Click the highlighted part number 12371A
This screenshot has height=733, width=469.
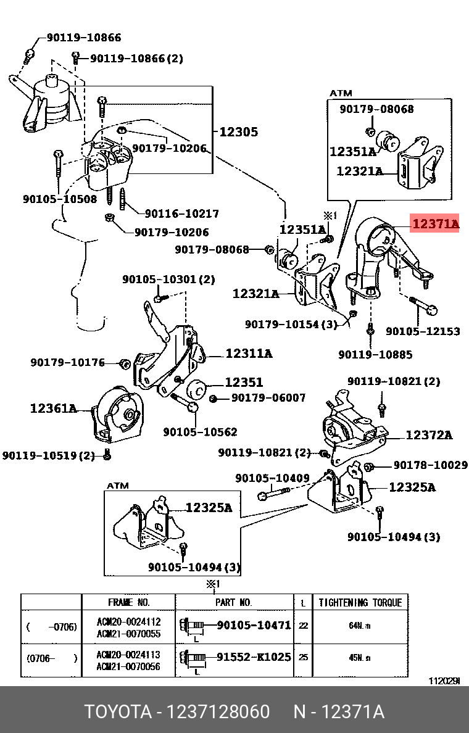[x=435, y=225]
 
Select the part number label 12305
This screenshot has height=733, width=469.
[x=238, y=131]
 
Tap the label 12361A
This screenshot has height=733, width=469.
[x=53, y=408]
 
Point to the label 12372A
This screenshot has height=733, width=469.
[x=428, y=436]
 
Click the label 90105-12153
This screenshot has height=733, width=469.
[x=423, y=331]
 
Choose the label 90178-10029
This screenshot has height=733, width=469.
[x=430, y=465]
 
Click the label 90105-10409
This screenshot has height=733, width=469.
[x=272, y=478]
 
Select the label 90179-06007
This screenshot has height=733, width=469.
[x=268, y=398]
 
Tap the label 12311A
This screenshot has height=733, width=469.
[x=249, y=354]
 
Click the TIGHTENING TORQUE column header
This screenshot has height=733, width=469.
[x=360, y=602]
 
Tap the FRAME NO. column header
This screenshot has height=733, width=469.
[x=128, y=602]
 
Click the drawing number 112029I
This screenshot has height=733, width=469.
[x=444, y=681]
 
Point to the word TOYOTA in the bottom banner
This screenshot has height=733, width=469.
[x=118, y=712]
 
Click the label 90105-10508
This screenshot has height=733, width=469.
[x=60, y=199]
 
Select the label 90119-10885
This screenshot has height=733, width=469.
[x=375, y=355]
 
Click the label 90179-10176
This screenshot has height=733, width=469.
[x=68, y=363]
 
